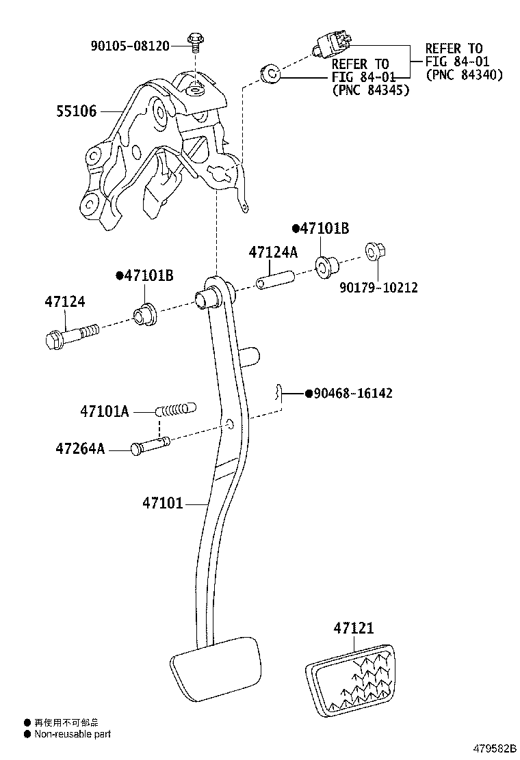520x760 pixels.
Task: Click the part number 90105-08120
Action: point(130,46)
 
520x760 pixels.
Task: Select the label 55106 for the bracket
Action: point(76,111)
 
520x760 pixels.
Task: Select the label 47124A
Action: point(273,252)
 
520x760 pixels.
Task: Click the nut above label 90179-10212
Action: point(374,252)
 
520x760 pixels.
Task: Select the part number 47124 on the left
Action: point(65,301)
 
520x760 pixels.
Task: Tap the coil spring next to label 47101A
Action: point(175,411)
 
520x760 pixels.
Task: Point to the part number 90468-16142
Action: point(353,394)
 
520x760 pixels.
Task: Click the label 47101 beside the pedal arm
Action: point(162,504)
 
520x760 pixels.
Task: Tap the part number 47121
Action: point(354,627)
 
